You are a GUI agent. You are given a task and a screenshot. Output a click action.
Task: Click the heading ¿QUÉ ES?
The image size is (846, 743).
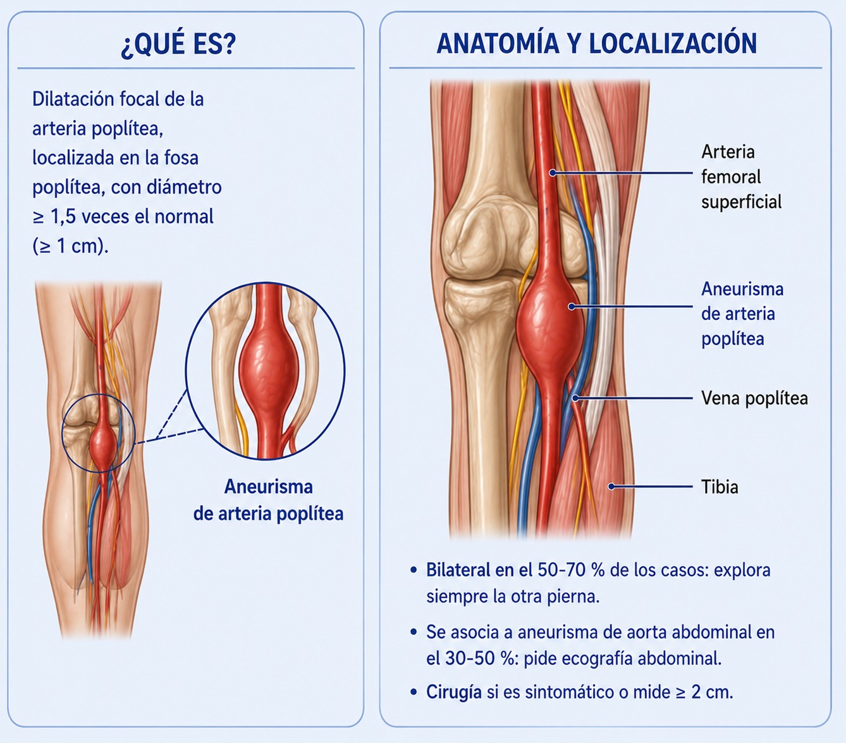click(x=178, y=44)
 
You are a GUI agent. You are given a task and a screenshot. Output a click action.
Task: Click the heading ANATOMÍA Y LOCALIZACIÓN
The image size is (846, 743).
click(x=596, y=43)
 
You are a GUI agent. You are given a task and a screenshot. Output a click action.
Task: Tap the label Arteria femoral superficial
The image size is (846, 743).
click(x=741, y=176)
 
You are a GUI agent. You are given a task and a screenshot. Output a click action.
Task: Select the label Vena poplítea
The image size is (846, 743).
click(x=754, y=398)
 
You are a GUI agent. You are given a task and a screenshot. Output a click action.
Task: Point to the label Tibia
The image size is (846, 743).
click(x=720, y=487)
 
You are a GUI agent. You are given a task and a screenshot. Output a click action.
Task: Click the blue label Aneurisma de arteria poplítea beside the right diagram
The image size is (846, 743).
click(x=742, y=314)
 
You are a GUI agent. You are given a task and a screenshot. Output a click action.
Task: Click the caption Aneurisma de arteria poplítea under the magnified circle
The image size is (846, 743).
click(x=268, y=500)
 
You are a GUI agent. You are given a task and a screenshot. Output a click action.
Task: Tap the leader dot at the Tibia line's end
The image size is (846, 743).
click(x=611, y=486)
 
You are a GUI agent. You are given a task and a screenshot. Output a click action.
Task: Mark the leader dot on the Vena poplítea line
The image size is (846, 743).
click(x=575, y=398)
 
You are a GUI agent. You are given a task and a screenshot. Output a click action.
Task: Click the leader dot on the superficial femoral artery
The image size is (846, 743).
click(x=553, y=173)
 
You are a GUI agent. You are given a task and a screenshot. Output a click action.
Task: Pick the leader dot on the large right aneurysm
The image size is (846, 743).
click(x=572, y=307)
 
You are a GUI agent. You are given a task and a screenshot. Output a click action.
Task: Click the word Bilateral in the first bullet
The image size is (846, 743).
click(x=458, y=570)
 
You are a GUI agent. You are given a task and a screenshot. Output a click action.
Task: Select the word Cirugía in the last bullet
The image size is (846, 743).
click(x=454, y=692)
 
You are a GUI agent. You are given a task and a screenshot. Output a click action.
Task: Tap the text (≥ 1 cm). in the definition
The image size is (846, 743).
click(x=70, y=247)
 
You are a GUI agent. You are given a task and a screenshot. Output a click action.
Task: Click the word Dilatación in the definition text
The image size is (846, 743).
click(x=73, y=99)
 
